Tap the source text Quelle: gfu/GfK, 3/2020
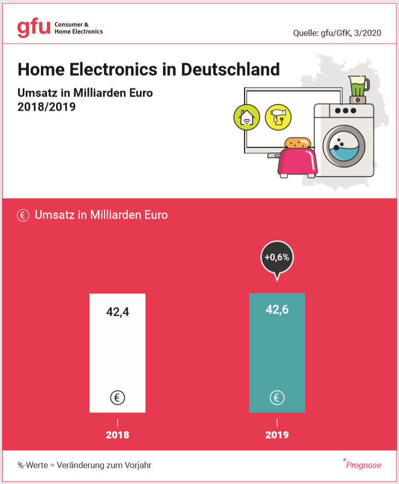pyautogui.click(x=337, y=33)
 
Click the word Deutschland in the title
pyautogui.click(x=230, y=69)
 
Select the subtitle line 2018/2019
pyautogui.click(x=46, y=107)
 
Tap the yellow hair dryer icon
pyautogui.click(x=278, y=117)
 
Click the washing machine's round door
pyautogui.click(x=343, y=146)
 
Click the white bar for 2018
pyautogui.click(x=117, y=353)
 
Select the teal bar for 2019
pyautogui.click(x=277, y=353)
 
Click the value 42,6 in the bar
pyautogui.click(x=277, y=310)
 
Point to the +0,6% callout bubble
pyautogui.click(x=277, y=257)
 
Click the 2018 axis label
pyautogui.click(x=117, y=435)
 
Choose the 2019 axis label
pyautogui.click(x=277, y=435)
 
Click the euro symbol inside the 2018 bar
pyautogui.click(x=117, y=398)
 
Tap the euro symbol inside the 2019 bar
pyautogui.click(x=277, y=398)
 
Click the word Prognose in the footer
pyautogui.click(x=364, y=465)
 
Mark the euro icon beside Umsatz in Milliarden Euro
pyautogui.click(x=23, y=215)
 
